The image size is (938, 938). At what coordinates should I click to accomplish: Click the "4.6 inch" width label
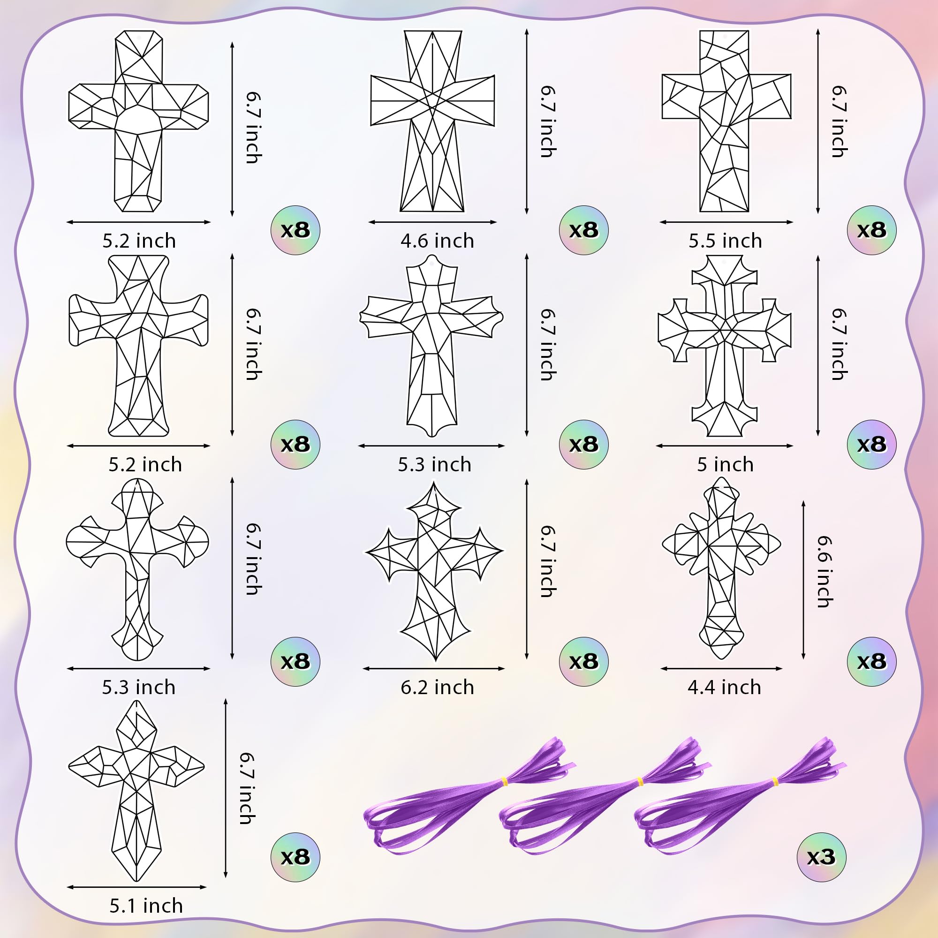[437, 241]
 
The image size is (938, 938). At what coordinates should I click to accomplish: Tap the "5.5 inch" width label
[725, 241]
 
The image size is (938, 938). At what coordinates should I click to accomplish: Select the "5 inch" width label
[725, 465]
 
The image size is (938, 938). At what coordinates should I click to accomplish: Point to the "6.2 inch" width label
[437, 687]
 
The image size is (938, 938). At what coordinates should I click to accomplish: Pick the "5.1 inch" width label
[146, 906]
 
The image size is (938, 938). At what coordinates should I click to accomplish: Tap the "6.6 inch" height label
[824, 571]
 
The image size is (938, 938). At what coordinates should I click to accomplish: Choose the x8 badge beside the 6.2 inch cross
[583, 661]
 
